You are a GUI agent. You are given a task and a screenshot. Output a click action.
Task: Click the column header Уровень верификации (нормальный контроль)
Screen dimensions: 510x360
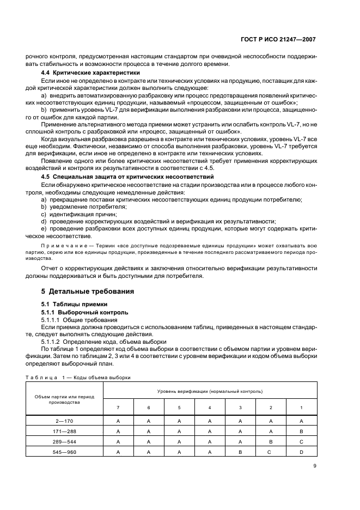(x=210, y=391)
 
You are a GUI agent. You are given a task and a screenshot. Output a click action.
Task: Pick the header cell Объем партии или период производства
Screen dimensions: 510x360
(x=64, y=400)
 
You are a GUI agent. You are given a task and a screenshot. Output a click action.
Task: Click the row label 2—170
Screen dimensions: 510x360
(x=64, y=421)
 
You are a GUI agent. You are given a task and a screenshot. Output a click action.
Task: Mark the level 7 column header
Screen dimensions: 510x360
(x=118, y=408)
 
